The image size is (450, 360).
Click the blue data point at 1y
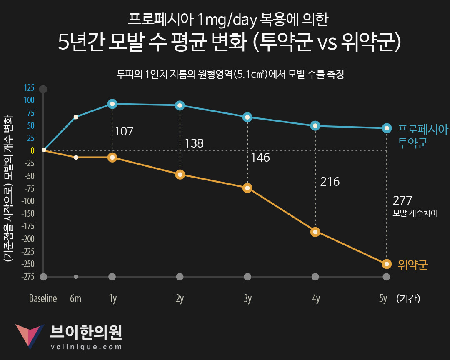[x=112, y=104]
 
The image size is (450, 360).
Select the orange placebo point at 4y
[x=315, y=232]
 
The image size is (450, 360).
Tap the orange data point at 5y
[x=387, y=264]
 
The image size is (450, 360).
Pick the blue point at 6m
[x=76, y=117]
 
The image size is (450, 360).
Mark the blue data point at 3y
[x=247, y=117]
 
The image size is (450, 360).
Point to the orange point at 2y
[x=180, y=174]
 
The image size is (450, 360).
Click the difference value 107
[x=124, y=132]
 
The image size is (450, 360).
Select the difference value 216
[x=330, y=182]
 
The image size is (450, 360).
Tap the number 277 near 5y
[x=402, y=201]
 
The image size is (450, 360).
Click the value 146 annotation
[x=260, y=157]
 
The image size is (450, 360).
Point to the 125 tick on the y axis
[x=29, y=88]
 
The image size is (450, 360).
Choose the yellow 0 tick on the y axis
[x=32, y=150]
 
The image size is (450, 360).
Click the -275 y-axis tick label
[x=27, y=277]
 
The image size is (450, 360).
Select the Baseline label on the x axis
[x=43, y=299]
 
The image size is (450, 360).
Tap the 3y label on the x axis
[x=247, y=299]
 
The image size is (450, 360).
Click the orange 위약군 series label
[x=413, y=264]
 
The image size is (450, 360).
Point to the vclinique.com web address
[x=86, y=347]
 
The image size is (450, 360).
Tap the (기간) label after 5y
[x=408, y=299]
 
